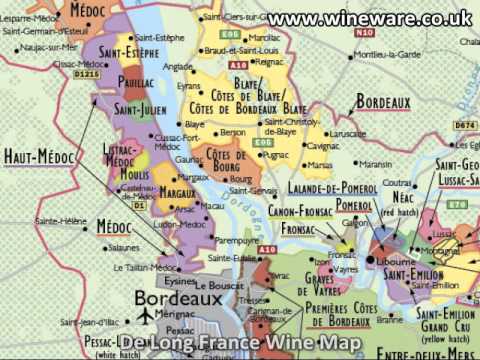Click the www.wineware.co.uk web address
[369, 17]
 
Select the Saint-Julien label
[140, 108]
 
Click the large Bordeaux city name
[178, 298]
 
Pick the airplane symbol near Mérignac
[146, 315]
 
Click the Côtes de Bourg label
[226, 160]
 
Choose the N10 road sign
[363, 32]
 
